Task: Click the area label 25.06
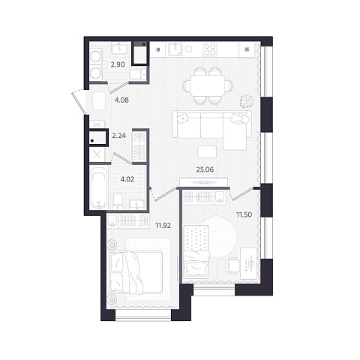click(x=205, y=169)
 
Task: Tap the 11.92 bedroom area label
click(x=163, y=226)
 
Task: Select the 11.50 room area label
click(x=244, y=214)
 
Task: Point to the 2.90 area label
click(x=118, y=64)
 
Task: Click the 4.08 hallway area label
click(x=121, y=100)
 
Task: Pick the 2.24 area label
click(x=118, y=136)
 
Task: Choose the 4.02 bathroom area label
click(x=127, y=179)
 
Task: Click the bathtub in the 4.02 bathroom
click(x=98, y=187)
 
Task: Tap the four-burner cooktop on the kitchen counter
click(x=210, y=49)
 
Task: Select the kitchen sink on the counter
click(x=175, y=49)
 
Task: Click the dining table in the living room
click(x=207, y=85)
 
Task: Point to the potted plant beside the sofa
click(x=247, y=101)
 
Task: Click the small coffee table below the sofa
click(x=207, y=151)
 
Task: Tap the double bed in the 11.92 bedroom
click(x=136, y=272)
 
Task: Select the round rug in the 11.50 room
click(x=220, y=238)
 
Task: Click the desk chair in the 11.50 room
click(x=232, y=266)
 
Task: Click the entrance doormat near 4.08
click(x=99, y=100)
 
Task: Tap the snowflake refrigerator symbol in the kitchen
click(x=247, y=49)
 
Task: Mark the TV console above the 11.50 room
click(x=203, y=181)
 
